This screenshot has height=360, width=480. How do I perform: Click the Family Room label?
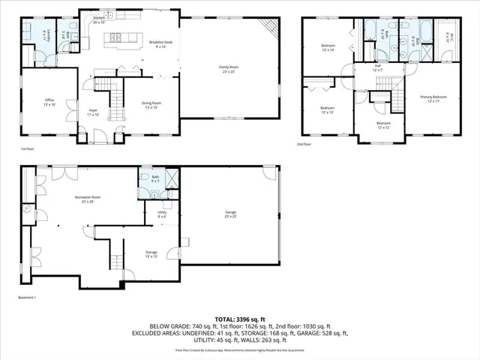[x=227, y=69]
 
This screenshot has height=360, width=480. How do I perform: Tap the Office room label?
[x=49, y=102]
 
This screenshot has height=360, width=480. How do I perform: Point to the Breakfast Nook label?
[x=160, y=44]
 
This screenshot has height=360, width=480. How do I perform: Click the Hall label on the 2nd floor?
[x=378, y=68]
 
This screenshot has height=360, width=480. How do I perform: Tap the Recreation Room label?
[x=88, y=199]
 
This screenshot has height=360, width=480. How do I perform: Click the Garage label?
[x=230, y=214]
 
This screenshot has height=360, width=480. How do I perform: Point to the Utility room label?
[x=162, y=215]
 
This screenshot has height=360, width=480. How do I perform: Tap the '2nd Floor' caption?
[x=304, y=144]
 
